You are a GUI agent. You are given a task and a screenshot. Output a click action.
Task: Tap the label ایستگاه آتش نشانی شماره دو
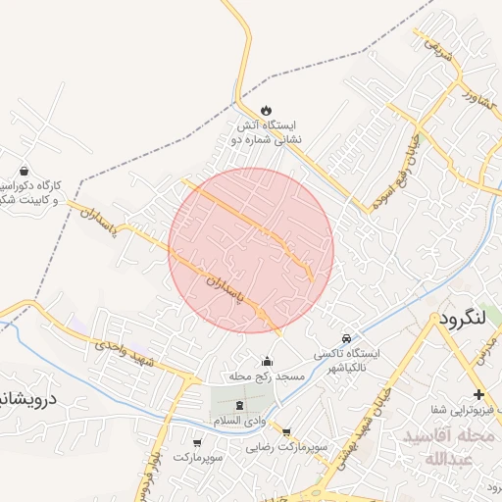(x=267, y=132)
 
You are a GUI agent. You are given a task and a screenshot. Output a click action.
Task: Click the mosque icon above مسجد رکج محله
(x=266, y=361)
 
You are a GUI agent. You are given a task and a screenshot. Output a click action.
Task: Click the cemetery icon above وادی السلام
(x=241, y=404)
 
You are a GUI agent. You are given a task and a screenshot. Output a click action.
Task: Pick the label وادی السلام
(x=240, y=420)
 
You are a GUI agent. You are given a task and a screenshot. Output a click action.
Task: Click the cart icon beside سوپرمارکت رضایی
(x=286, y=431)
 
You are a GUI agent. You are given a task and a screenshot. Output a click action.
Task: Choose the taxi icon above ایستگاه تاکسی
(x=345, y=338)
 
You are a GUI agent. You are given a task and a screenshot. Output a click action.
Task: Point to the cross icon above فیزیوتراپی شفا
(x=479, y=393)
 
